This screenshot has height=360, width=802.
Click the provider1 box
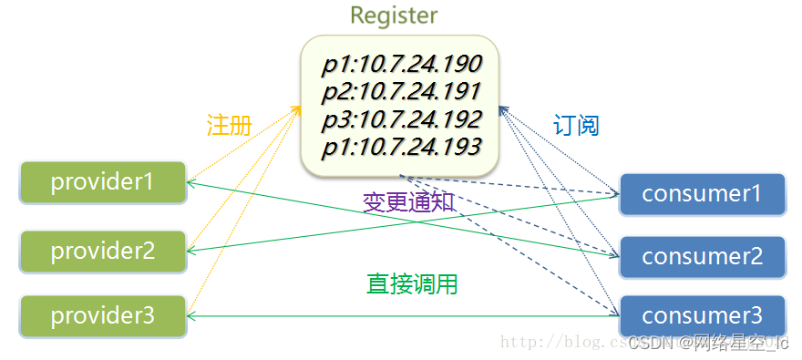click(103, 181)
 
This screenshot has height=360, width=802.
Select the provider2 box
click(103, 250)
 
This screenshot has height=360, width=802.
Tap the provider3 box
click(103, 316)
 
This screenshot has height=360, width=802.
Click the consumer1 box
click(702, 193)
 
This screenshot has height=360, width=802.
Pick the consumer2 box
click(702, 257)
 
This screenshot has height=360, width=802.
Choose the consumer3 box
click(702, 316)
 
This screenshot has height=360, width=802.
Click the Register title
click(394, 15)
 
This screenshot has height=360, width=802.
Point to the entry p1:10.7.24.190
click(401, 65)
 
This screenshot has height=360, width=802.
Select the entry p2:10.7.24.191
click(401, 92)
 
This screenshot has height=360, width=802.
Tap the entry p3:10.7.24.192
click(401, 119)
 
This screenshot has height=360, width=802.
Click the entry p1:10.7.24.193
click(401, 146)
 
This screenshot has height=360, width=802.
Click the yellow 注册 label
click(229, 126)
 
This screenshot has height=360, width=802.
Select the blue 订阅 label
click(576, 126)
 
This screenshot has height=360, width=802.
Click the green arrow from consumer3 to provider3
click(401, 316)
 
